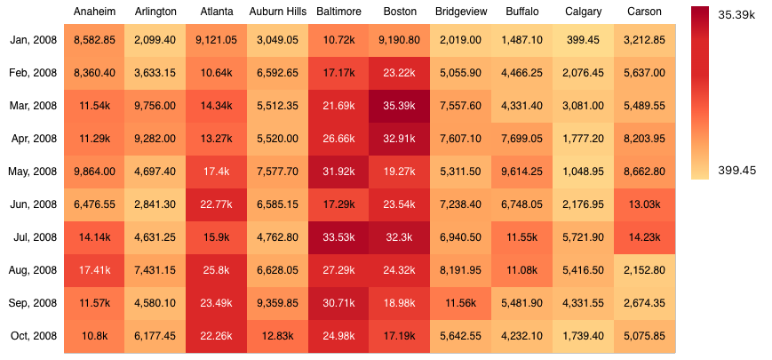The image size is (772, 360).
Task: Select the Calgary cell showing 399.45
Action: (x=583, y=40)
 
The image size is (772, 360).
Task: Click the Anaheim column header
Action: (x=94, y=12)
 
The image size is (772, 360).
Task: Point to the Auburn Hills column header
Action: (x=277, y=12)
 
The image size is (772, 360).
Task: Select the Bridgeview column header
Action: (x=460, y=12)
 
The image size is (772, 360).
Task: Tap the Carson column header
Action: (x=644, y=12)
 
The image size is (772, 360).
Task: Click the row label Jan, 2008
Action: (x=34, y=40)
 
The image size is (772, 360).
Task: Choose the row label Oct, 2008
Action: (x=34, y=336)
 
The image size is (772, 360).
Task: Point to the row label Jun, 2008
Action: (x=34, y=204)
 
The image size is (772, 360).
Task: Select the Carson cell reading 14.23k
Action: (x=644, y=237)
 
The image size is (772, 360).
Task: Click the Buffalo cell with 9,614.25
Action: (x=521, y=172)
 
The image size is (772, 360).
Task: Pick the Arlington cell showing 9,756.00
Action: (x=155, y=106)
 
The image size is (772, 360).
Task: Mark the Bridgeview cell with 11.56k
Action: (x=460, y=303)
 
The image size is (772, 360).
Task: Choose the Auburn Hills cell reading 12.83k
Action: (x=277, y=336)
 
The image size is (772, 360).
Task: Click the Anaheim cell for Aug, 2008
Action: (x=94, y=270)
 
